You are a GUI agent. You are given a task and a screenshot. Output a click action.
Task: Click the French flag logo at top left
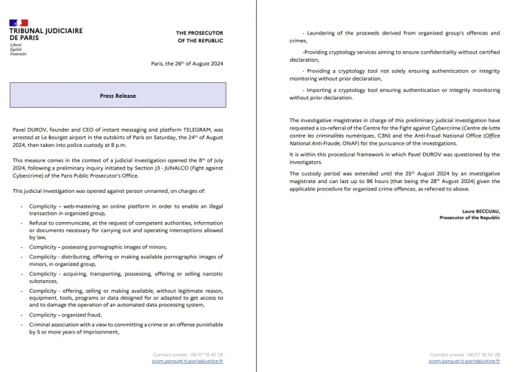tap(19, 23)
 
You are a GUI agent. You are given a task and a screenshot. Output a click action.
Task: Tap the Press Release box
tap(117, 96)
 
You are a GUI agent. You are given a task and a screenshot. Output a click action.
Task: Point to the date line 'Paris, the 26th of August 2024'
tap(193, 64)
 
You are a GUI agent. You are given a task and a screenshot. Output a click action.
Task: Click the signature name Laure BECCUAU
tap(479, 211)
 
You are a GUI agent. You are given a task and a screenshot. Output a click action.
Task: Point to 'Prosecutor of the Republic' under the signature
tap(470, 218)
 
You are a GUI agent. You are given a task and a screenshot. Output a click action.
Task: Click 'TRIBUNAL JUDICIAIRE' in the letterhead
tap(46, 32)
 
